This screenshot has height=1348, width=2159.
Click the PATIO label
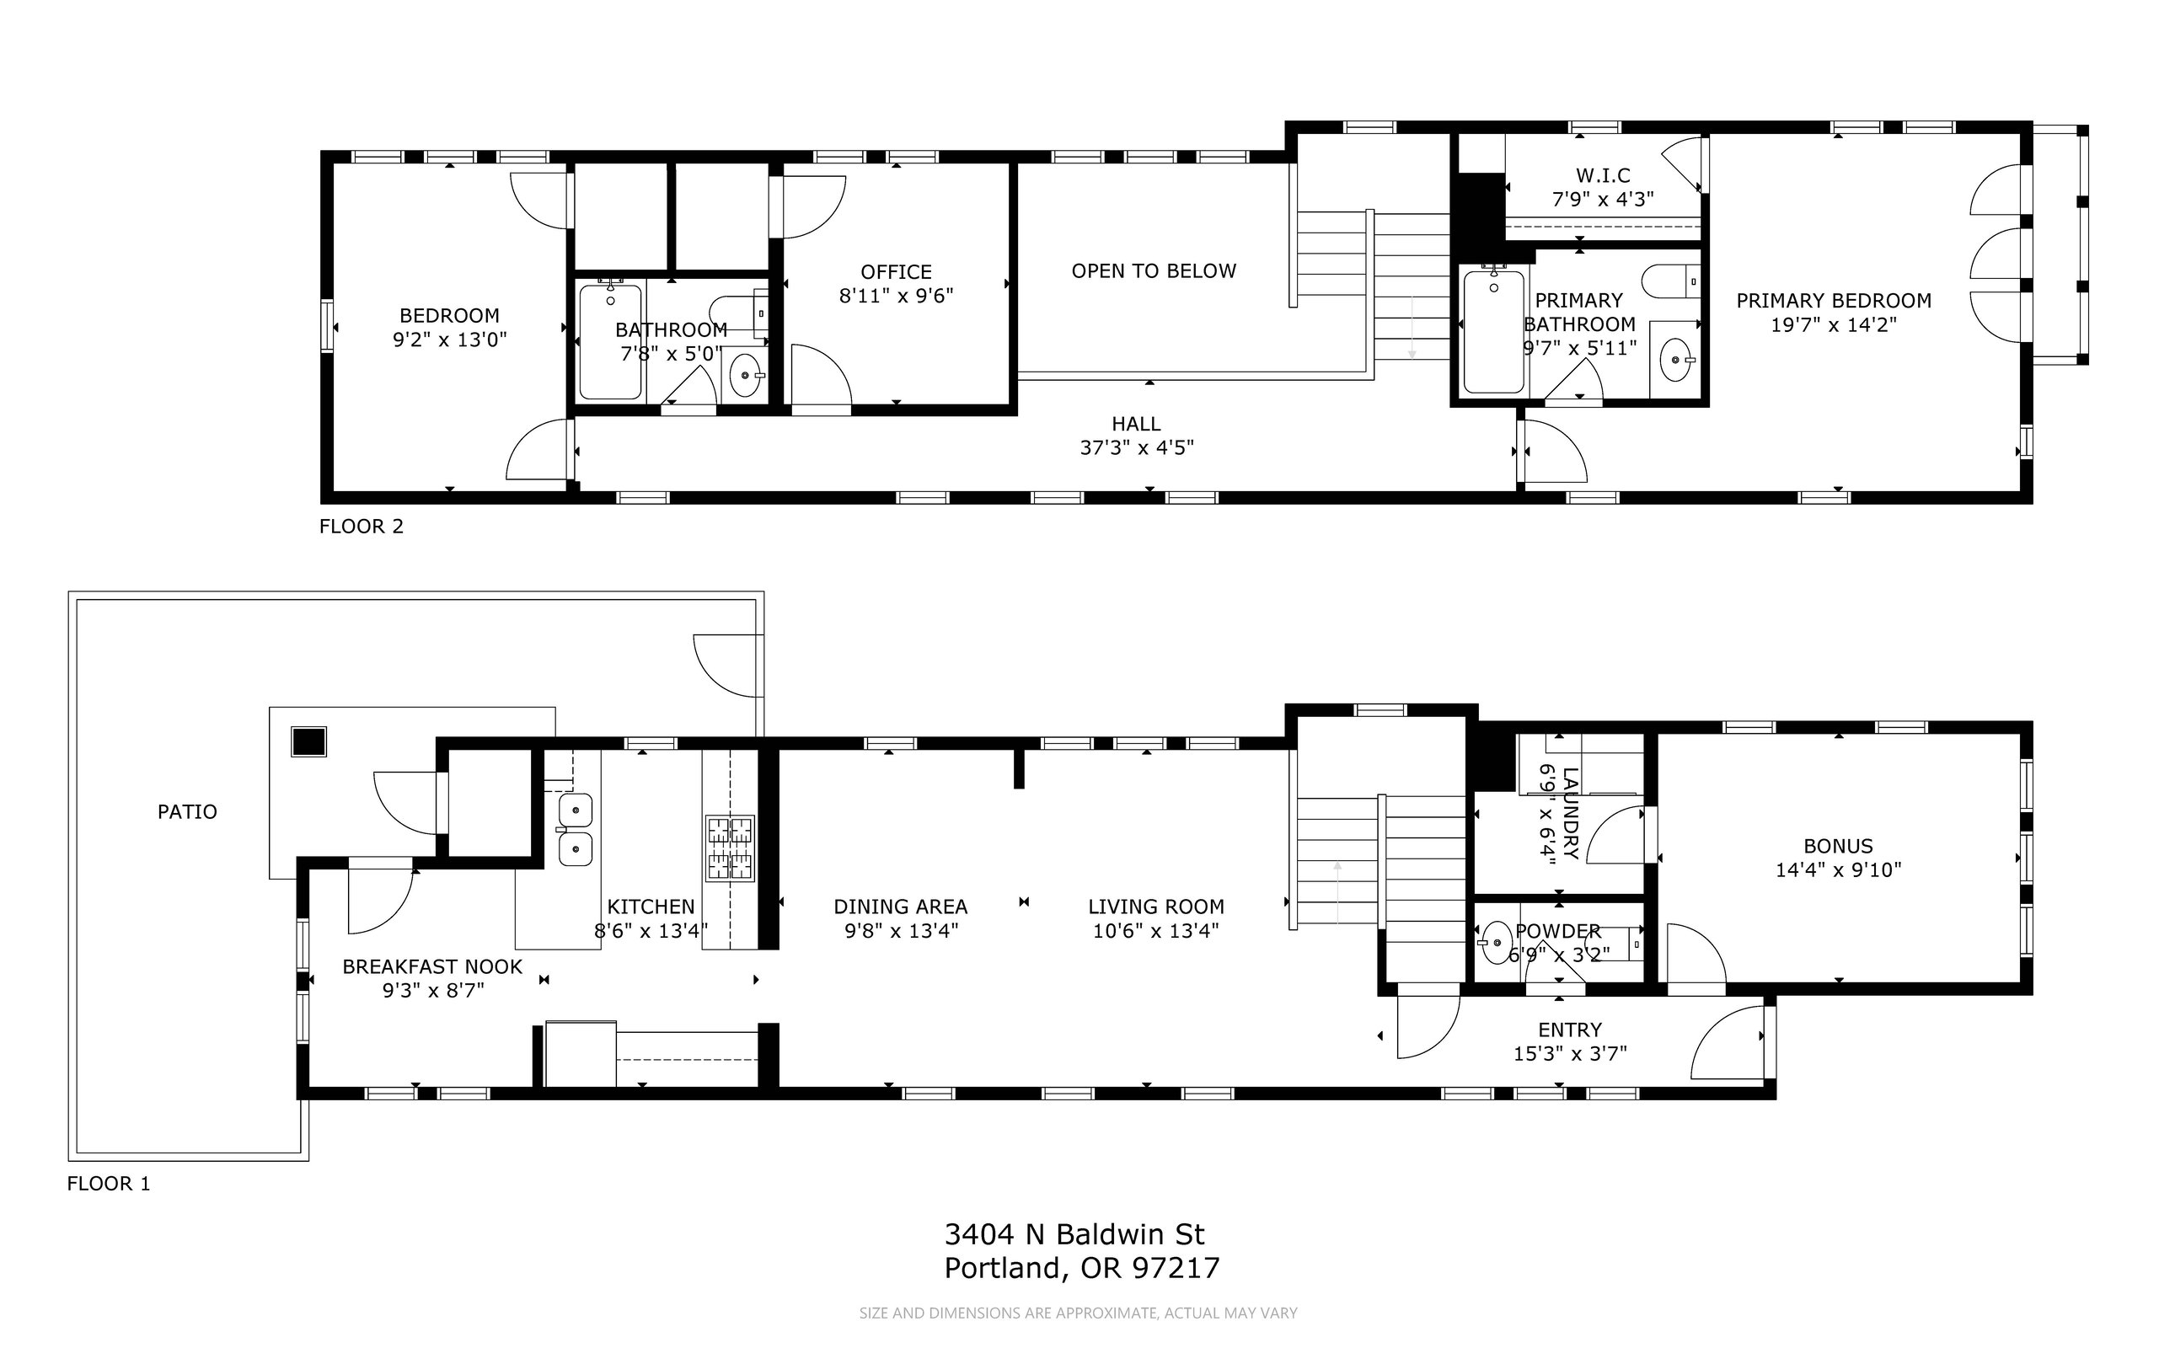[x=187, y=811]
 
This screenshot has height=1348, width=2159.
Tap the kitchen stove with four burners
[x=731, y=848]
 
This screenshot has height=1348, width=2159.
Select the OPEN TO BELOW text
[x=1154, y=271]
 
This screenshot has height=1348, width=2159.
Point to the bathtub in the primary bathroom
[x=1494, y=331]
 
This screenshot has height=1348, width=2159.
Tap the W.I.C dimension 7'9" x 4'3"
[x=1604, y=200]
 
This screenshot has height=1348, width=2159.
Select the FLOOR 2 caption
[x=362, y=526]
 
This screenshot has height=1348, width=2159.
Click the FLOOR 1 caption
[x=109, y=1183]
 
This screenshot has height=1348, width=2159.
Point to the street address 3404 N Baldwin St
[x=1074, y=1234]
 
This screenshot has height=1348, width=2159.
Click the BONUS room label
[x=1838, y=846]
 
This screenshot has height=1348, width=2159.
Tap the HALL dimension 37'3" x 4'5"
[x=1137, y=447]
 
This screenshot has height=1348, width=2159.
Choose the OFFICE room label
[x=897, y=272]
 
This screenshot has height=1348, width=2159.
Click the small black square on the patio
[x=308, y=741]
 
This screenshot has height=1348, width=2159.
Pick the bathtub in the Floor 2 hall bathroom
[x=610, y=341]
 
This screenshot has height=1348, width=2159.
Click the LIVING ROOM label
[x=1155, y=907]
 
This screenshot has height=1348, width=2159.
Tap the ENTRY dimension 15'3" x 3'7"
[x=1571, y=1054]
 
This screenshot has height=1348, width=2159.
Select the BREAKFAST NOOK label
[x=432, y=966]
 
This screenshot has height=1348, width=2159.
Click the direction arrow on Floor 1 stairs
[x=1337, y=891]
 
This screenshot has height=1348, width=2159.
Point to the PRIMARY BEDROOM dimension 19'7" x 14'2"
[x=1834, y=324]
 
